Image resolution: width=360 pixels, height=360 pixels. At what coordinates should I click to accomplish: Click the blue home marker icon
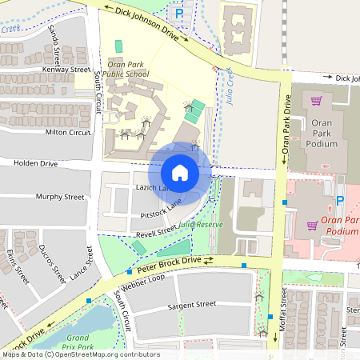(x=180, y=172)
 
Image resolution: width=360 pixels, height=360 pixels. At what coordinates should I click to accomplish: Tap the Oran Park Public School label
(x=127, y=69)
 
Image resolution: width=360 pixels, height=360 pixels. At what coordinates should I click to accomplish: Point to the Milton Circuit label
(x=67, y=132)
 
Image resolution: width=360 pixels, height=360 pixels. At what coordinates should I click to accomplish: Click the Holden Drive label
(x=36, y=163)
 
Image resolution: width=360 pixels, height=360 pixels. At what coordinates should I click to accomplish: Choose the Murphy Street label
(x=59, y=196)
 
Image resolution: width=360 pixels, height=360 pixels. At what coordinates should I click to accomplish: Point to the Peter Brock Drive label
(x=163, y=265)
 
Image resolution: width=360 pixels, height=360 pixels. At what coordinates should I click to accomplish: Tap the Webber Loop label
(x=144, y=280)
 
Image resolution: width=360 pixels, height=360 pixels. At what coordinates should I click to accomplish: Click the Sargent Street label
(x=192, y=305)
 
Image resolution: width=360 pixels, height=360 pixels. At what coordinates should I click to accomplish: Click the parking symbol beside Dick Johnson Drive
(x=179, y=14)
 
